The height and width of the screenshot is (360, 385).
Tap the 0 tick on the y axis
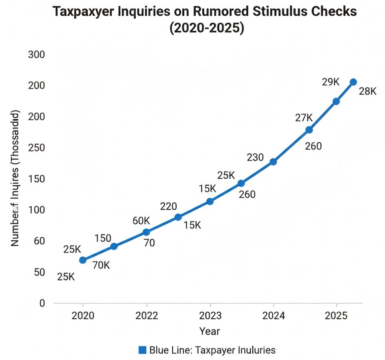tap(42, 303)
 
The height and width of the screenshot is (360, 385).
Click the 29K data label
tap(331, 82)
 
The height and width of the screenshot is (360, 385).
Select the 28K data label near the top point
tap(367, 92)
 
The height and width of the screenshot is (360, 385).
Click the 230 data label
tap(255, 158)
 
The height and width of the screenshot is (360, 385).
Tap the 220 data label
tap(168, 206)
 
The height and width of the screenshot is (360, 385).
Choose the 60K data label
tap(142, 221)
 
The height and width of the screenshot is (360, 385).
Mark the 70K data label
tap(101, 265)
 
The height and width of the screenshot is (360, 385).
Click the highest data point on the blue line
tap(353, 82)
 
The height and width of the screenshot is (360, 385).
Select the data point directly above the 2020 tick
tap(83, 260)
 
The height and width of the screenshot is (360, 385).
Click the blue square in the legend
tap(142, 350)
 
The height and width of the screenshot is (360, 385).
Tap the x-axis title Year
tap(210, 331)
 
